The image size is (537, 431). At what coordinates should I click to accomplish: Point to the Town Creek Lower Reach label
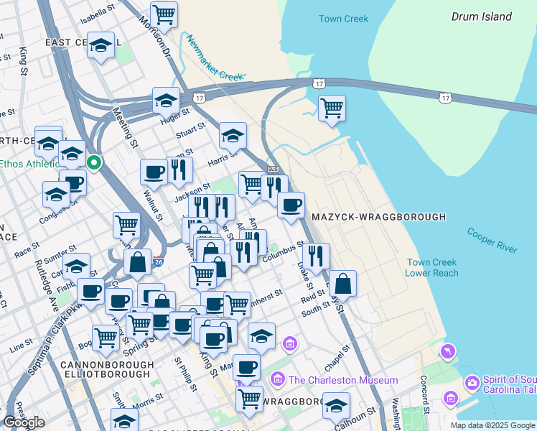(431, 268)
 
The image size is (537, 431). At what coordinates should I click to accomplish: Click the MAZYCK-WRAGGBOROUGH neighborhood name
(378, 216)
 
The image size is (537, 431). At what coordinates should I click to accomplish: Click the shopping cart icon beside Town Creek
(331, 108)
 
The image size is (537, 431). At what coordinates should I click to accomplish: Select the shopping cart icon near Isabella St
(164, 14)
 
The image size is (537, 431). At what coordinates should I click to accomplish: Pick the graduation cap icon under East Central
(101, 45)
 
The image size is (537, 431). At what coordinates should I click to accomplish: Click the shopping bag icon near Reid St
(344, 283)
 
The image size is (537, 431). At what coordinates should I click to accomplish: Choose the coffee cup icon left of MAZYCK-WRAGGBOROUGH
(291, 205)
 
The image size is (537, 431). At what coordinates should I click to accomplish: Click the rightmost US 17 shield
(446, 96)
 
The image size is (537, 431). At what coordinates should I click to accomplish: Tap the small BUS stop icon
(272, 169)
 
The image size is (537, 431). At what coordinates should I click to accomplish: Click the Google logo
(24, 422)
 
